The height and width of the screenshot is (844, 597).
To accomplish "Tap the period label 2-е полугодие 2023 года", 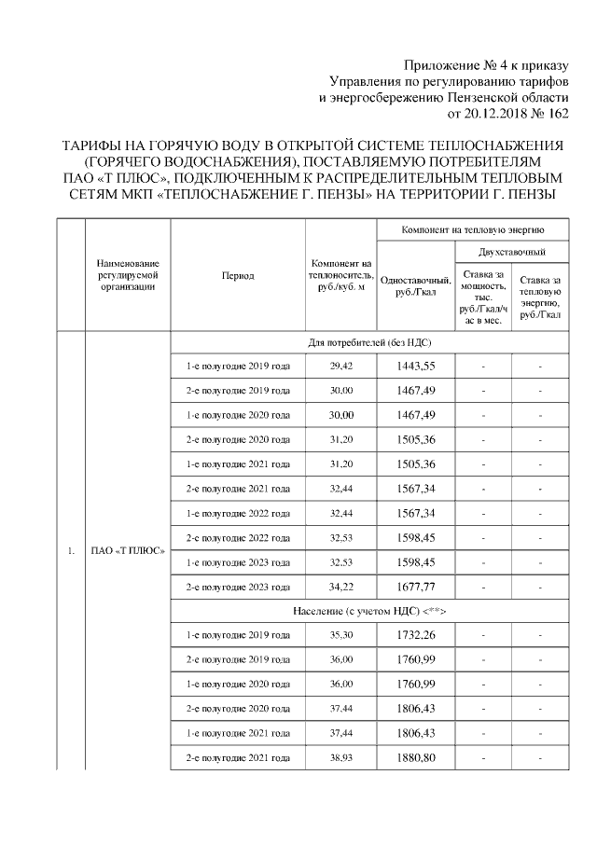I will [238, 587].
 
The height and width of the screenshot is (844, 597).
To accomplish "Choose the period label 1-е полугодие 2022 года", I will [238, 514].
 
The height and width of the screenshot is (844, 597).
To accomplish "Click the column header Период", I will [238, 276].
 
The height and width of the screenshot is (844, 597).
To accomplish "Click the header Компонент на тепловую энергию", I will [472, 228].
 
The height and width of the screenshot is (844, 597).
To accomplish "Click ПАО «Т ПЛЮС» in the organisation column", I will [127, 550].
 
